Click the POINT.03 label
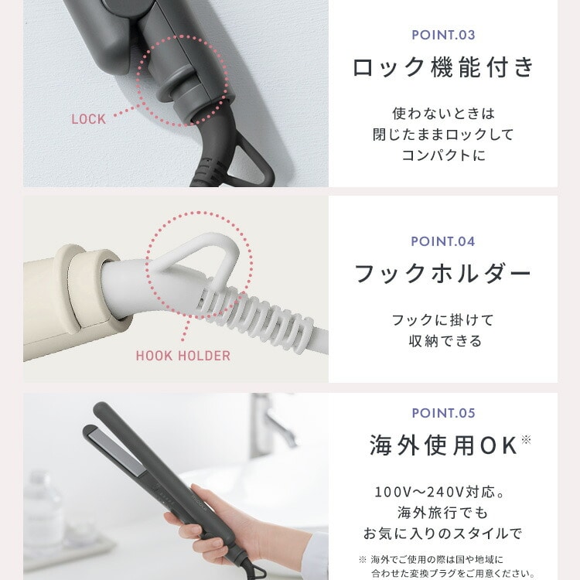click(x=443, y=35)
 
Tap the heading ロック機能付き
click(x=443, y=68)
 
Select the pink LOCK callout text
click(x=89, y=119)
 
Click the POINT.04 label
click(x=443, y=241)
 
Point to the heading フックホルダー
click(x=443, y=274)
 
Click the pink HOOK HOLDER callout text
click(x=183, y=356)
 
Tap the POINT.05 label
click(x=443, y=413)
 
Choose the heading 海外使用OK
click(x=449, y=445)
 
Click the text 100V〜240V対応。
click(x=440, y=492)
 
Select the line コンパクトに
click(x=443, y=155)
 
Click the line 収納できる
click(x=445, y=341)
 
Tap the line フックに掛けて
click(x=443, y=320)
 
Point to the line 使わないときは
click(x=443, y=114)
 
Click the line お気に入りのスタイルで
click(x=442, y=534)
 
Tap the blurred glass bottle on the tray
click(x=43, y=510)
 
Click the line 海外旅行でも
click(x=442, y=513)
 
